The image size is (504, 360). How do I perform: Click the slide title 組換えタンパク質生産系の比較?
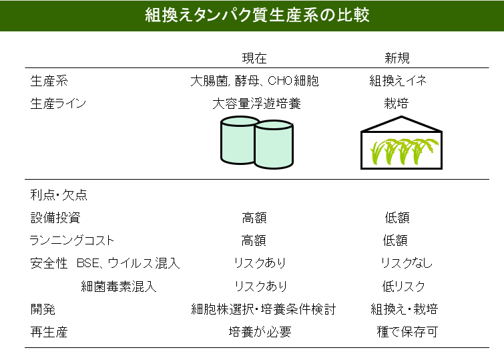point(257,15)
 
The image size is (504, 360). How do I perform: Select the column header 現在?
point(254,58)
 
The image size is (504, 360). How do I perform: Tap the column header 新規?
point(397,58)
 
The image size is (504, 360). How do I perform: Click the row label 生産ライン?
point(58,104)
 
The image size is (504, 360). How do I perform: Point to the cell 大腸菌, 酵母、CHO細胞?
point(254,81)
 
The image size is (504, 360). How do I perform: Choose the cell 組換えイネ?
point(398,81)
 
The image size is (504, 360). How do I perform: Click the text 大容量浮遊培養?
point(256,104)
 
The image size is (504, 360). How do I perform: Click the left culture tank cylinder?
point(238,140)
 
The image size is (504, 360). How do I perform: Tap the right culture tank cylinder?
point(274,144)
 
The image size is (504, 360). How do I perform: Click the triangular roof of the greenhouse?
point(401,124)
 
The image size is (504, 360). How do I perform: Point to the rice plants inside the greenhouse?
point(405,151)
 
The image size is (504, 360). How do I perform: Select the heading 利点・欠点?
point(59,195)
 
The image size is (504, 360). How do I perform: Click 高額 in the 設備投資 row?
point(254,218)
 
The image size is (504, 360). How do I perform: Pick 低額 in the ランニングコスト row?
point(395,240)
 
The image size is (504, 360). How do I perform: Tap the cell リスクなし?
point(407,263)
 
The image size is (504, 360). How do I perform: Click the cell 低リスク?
point(404,287)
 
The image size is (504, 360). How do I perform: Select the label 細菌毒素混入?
point(119,287)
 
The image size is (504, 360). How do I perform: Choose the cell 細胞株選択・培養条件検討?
point(263,309)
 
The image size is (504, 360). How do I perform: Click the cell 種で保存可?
point(407,332)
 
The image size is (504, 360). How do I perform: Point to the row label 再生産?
point(49,332)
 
